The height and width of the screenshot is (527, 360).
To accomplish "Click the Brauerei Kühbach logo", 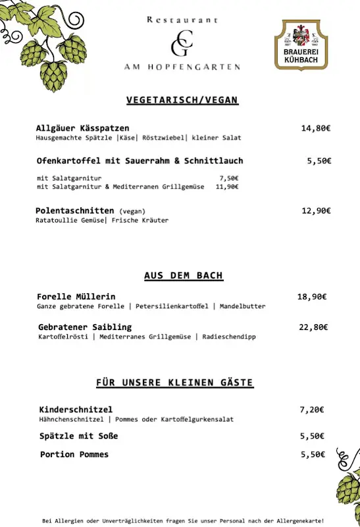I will pos(301,44).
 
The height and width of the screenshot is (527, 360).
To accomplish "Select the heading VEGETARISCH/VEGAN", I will pos(182,100).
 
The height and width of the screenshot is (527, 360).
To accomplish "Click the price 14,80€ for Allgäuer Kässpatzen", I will pos(315,128).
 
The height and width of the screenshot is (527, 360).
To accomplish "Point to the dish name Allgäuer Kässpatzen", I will pos(83,128).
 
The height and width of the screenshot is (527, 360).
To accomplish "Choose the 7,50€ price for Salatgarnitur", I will pos(228,178).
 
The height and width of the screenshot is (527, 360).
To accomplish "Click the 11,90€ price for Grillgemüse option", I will pos(226,186).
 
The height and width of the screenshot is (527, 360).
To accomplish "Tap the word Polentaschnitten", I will pos(75,211).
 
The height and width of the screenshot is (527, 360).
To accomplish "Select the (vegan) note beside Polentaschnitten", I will pos(132,211).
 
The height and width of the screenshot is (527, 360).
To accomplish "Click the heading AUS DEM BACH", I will pos(184,275).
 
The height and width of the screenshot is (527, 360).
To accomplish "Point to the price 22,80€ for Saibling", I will pos(313,327).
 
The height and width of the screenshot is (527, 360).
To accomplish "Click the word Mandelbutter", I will pos(243,306).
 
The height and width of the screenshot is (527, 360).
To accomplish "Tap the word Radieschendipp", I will pos(229,337).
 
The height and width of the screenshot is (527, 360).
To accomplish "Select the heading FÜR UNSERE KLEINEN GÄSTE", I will pos(174,383).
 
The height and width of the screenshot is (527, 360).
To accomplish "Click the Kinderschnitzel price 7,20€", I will pos(312,410).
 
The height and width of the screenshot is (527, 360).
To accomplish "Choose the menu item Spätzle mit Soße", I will pos(79,436).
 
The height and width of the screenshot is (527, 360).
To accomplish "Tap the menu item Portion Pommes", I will pos(74,455).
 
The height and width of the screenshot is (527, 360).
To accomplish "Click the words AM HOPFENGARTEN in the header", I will pos(182,67).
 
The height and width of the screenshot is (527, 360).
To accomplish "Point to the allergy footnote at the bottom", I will pos(183,520).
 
